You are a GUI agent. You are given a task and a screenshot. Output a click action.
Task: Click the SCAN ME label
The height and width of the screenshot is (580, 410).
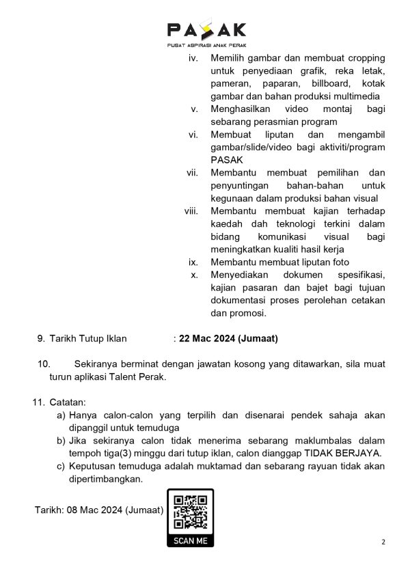tap(191, 541)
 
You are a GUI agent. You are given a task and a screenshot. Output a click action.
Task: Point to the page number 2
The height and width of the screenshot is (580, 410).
tap(383, 542)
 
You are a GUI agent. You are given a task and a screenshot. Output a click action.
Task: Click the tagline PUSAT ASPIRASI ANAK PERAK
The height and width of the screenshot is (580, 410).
tap(206, 45)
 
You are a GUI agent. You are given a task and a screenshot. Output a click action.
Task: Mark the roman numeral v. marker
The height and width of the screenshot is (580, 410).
tap(194, 109)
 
